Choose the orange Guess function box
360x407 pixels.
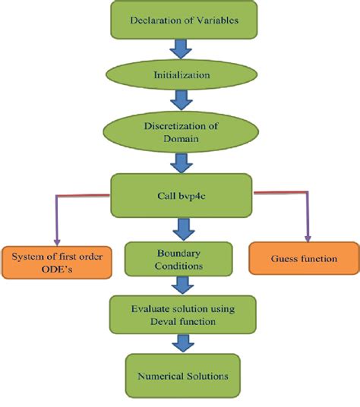pos(304,259)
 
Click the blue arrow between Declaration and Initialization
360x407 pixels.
pos(181,50)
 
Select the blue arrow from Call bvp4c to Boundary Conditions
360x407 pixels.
pos(181,226)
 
